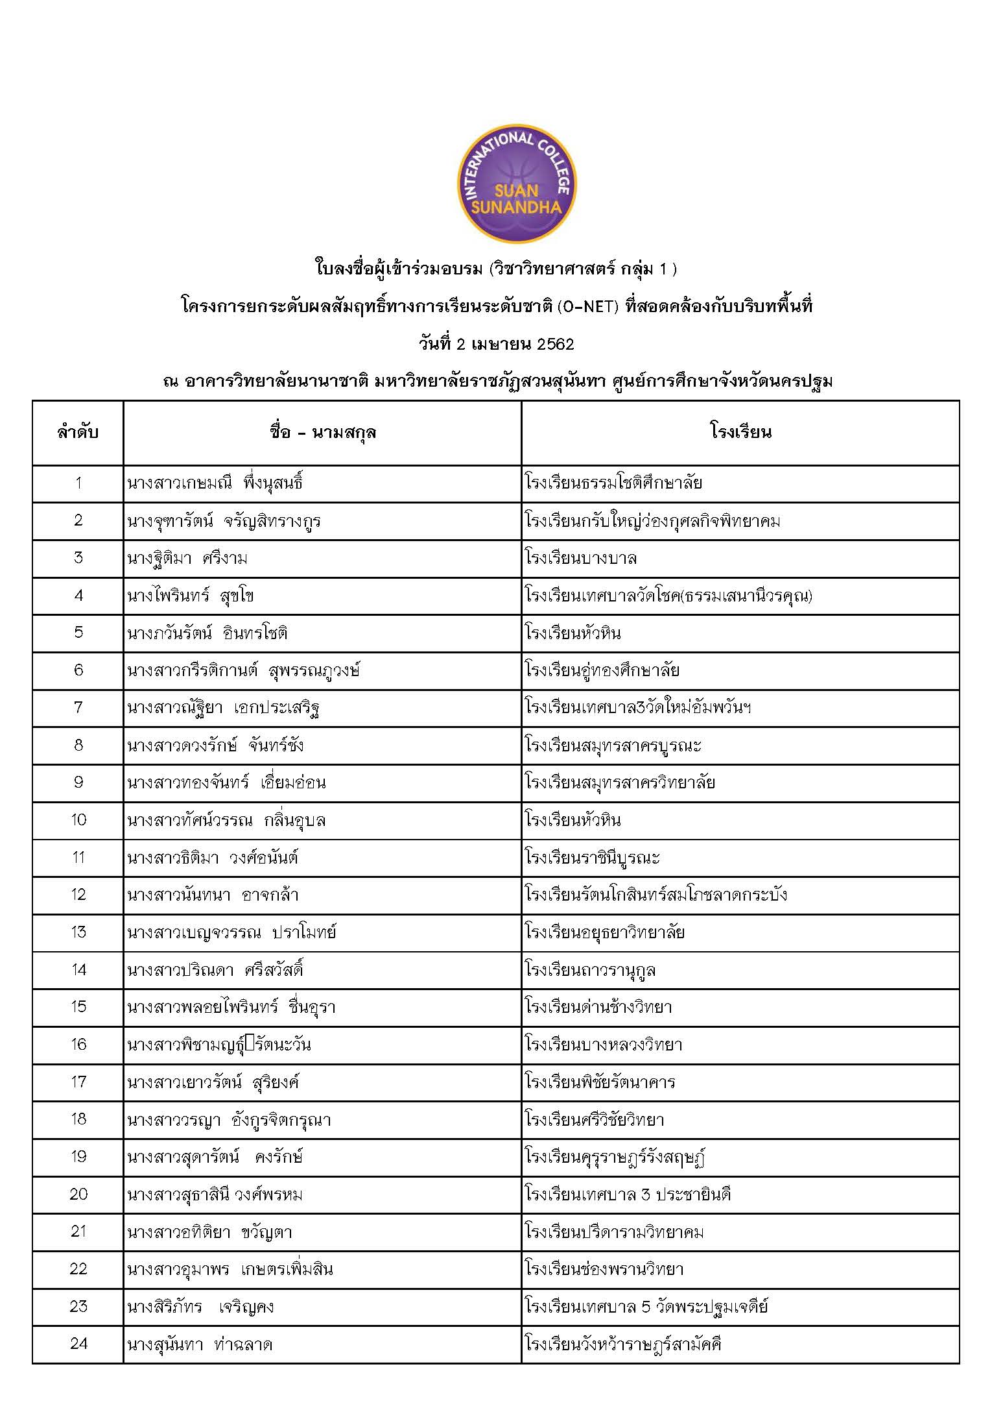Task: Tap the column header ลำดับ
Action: coord(78,432)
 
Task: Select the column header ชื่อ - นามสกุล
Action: coord(322,432)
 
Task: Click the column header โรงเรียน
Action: coord(740,432)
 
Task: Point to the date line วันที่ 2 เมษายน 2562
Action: coord(496,344)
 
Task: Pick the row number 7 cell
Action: coord(78,708)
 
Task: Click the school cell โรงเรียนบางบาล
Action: coord(581,559)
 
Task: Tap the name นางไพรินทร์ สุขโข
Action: coord(191,596)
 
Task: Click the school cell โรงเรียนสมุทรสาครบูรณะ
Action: coord(613,746)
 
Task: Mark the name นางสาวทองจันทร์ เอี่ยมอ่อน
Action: coord(226,783)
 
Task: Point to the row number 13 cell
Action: coord(78,932)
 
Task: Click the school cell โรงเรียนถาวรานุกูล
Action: coord(590,970)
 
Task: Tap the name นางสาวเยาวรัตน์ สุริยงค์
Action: coord(213,1082)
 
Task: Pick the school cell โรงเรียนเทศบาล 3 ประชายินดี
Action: coord(628,1195)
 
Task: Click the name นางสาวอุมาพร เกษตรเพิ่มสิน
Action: coord(230,1269)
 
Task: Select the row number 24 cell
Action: coord(78,1344)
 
